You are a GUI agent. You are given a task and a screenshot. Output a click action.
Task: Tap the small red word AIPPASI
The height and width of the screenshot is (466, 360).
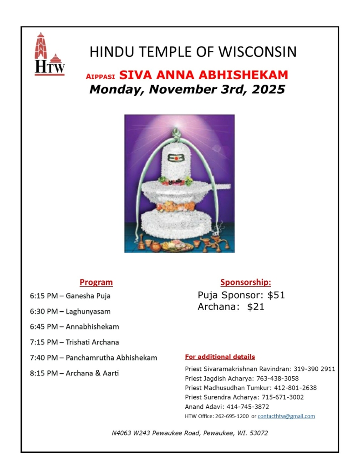(x=101, y=76)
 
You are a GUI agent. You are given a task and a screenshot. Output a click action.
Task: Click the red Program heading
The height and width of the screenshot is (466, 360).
(x=96, y=282)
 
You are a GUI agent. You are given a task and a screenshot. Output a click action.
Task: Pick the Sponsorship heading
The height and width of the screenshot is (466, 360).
(x=245, y=282)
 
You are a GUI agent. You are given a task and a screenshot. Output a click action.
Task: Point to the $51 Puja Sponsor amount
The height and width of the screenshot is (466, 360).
(x=276, y=295)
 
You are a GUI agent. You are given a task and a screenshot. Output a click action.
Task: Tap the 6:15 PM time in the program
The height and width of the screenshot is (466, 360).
(x=44, y=296)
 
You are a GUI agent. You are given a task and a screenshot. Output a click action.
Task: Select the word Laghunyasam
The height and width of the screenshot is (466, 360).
(x=88, y=312)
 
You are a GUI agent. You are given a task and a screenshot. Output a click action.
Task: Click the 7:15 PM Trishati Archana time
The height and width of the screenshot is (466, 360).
(x=44, y=342)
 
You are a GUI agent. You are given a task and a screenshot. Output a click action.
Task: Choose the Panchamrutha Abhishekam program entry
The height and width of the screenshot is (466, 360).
(x=112, y=358)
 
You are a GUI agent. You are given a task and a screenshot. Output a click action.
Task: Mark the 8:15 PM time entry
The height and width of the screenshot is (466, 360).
(x=44, y=373)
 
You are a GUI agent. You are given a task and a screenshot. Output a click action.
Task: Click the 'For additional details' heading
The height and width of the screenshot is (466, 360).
(x=220, y=357)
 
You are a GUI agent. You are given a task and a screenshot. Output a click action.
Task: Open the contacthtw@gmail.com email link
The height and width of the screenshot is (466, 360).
(x=286, y=416)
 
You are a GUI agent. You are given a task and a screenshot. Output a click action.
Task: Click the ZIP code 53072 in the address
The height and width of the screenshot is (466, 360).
(x=258, y=433)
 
